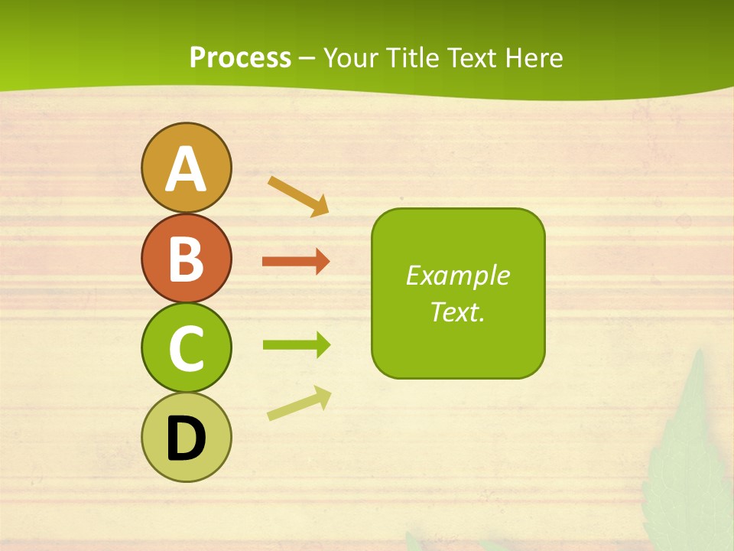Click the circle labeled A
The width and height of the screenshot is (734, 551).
click(x=186, y=168)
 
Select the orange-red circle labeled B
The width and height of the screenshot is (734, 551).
click(x=186, y=258)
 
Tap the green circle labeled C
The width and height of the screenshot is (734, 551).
click(x=186, y=347)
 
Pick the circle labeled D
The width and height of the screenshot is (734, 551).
click(x=186, y=437)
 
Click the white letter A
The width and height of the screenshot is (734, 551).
click(x=186, y=169)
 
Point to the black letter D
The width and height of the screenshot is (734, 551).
click(x=186, y=439)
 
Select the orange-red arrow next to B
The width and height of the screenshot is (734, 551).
click(x=295, y=262)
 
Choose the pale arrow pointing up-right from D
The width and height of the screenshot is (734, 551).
click(x=299, y=404)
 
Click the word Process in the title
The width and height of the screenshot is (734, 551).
click(x=240, y=57)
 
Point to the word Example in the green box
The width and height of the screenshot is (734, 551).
click(x=457, y=275)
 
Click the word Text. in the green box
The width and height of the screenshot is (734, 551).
click(x=457, y=312)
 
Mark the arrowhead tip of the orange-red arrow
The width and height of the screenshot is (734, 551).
click(x=329, y=262)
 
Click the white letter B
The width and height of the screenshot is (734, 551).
click(x=186, y=259)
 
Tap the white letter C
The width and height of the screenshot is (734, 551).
click(x=186, y=349)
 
